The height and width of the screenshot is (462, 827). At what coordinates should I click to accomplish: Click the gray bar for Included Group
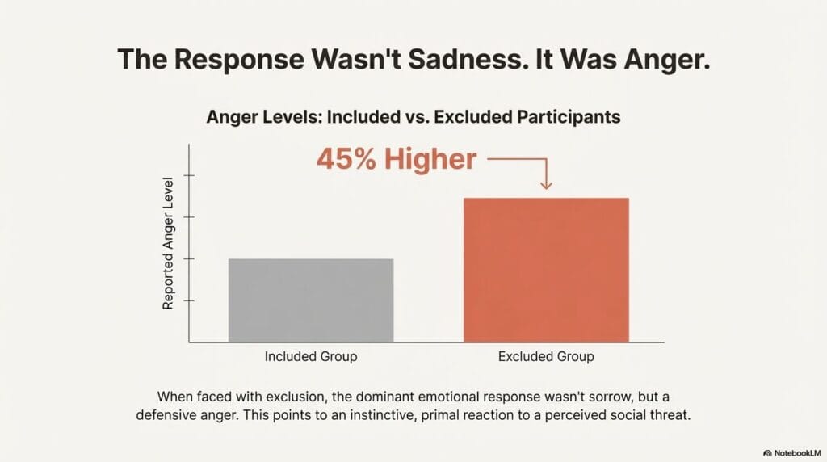311,300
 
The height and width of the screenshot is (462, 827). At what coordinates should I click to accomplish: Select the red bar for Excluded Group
546,270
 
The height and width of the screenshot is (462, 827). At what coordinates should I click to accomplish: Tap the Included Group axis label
311,356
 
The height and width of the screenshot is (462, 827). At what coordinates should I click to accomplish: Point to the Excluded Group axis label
546,356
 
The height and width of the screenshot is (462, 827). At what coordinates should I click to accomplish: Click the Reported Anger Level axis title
169,242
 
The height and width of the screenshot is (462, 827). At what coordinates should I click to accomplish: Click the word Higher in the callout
431,159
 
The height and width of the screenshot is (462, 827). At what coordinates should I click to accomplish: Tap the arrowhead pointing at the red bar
546,186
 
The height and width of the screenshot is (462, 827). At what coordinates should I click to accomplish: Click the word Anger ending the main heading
664,61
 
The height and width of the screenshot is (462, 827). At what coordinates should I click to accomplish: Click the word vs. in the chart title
418,117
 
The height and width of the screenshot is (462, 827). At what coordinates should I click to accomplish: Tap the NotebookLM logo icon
768,453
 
